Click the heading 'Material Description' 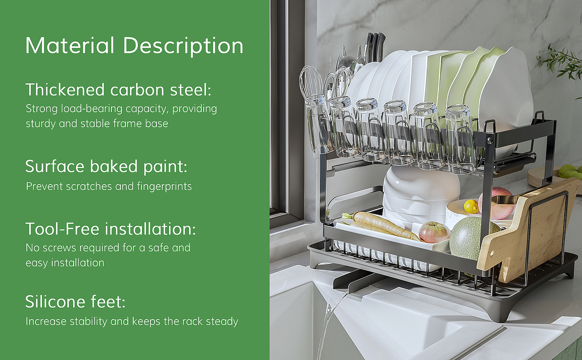pyautogui.click(x=134, y=46)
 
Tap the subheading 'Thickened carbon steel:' pyautogui.click(x=119, y=90)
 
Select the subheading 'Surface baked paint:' pyautogui.click(x=106, y=166)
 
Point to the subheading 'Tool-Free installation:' pyautogui.click(x=110, y=229)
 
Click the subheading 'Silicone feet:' pyautogui.click(x=75, y=301)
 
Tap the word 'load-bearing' pyautogui.click(x=91, y=109)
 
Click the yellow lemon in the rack pyautogui.click(x=471, y=207)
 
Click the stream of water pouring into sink pyautogui.click(x=330, y=325)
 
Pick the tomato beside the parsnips pyautogui.click(x=434, y=232)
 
